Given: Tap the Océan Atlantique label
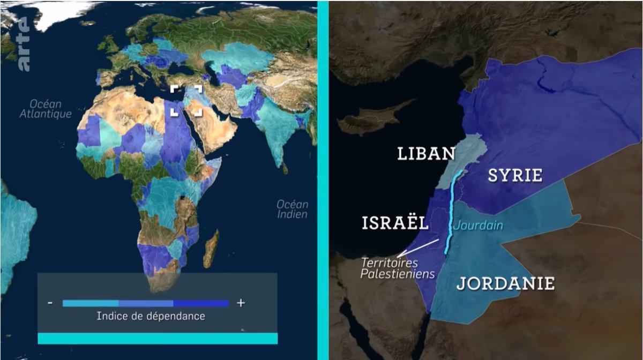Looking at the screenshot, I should pos(46,109).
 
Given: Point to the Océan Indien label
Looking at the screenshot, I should pos(293,209).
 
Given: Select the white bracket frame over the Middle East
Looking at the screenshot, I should pos(186,100).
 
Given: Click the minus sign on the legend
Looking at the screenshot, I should pos(50,303).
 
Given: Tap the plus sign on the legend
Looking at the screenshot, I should pos(241,303).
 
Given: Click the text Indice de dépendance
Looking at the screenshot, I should pos(151,316).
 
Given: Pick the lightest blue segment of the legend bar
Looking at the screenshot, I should pos(90,303).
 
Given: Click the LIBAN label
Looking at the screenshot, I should pos(425,154).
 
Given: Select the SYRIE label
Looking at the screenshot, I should pos(515,175).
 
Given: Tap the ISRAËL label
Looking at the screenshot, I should pos(394,223).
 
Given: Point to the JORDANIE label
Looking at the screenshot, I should pos(505,283).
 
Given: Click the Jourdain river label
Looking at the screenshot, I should pos(478,226).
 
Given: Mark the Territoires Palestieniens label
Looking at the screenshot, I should pos(397,268).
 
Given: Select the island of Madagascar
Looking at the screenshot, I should pos(211,249).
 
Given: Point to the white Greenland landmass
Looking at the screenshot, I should pos(59,13).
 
